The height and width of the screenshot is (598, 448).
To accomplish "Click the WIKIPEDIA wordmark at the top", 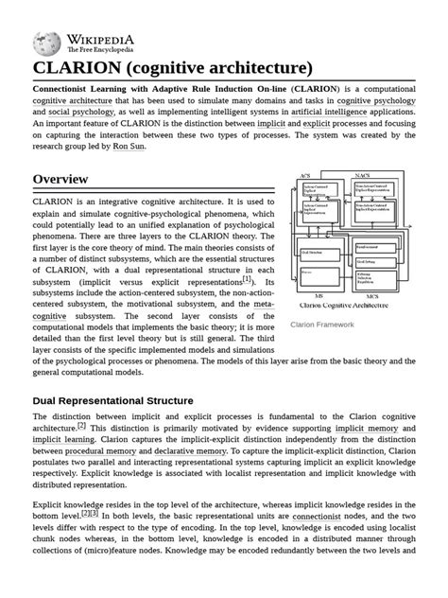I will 99,38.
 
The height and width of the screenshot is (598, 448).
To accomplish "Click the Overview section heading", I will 60,179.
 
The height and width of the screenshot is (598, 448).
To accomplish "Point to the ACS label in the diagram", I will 304,176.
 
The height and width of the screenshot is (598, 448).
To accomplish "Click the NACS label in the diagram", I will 362,176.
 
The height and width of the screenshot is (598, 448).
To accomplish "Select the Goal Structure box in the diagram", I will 312,253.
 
